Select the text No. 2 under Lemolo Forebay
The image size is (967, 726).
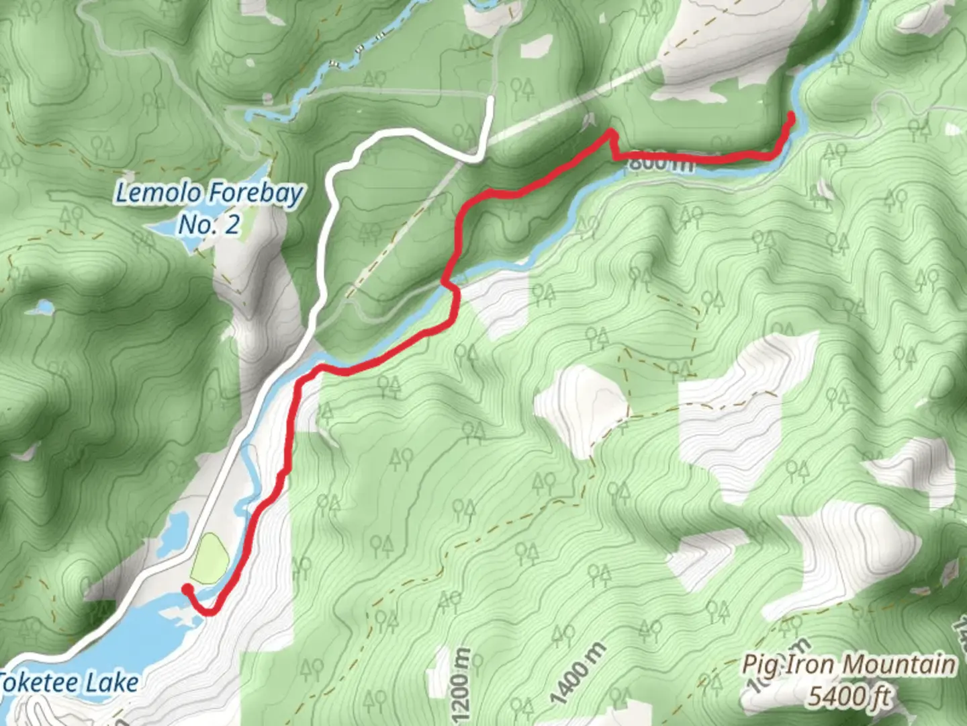(208, 225)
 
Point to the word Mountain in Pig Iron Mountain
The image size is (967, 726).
(899, 665)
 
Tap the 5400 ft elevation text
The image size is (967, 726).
(849, 696)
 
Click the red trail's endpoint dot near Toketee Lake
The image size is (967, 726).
(187, 589)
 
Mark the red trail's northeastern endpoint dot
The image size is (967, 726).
(791, 116)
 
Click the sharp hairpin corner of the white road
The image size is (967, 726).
(478, 159)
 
